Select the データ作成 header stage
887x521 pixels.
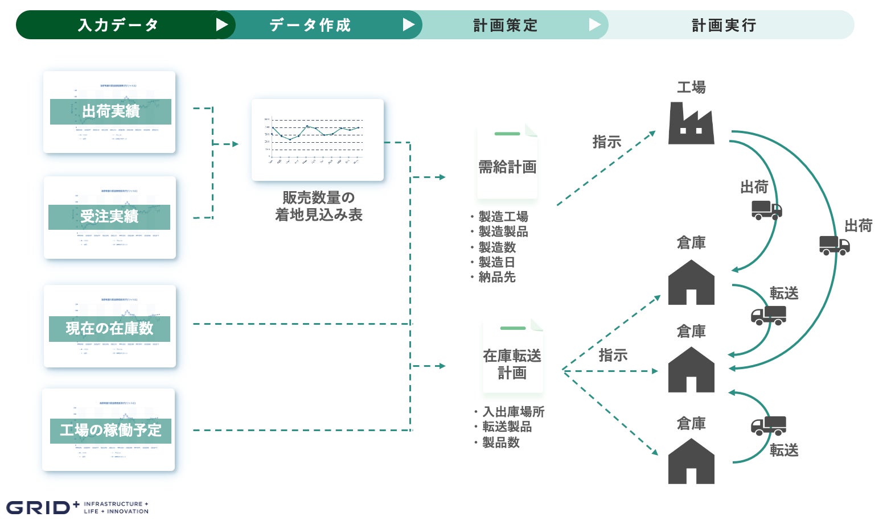[x=310, y=25]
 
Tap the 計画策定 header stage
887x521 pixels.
[x=505, y=25]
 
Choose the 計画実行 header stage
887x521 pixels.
[x=724, y=25]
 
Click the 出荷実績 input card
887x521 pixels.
[x=109, y=112]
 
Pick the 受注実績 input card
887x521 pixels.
[x=109, y=217]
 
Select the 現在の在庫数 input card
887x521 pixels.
[x=109, y=326]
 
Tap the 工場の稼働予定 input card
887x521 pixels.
[x=109, y=429]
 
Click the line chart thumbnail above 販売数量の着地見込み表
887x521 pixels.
[x=318, y=140]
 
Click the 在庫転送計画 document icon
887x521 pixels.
[x=512, y=357]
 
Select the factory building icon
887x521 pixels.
[x=691, y=123]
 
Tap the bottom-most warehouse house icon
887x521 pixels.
[x=691, y=461]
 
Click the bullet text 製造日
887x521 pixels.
[x=496, y=262]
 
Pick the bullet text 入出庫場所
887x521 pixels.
[x=514, y=411]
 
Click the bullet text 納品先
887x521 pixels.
[x=496, y=277]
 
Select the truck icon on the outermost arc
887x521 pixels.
[x=834, y=245]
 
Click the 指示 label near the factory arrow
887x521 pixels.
[x=606, y=142]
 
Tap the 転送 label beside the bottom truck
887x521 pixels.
[x=784, y=450]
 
